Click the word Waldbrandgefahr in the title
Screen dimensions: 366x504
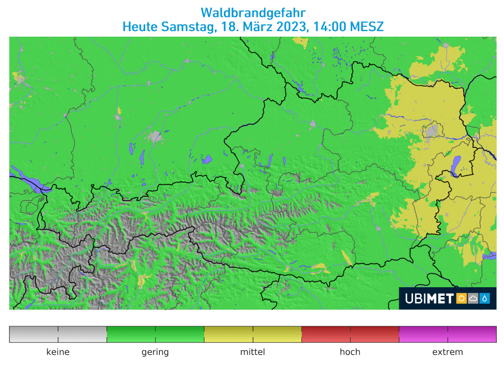(253, 12)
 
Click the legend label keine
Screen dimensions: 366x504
(58, 352)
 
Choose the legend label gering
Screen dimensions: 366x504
(155, 352)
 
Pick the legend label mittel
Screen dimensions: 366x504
(253, 352)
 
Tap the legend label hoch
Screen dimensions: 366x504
(350, 352)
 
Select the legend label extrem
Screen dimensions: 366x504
(447, 352)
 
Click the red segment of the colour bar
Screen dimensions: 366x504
(350, 334)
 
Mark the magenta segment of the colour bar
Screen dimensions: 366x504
(447, 334)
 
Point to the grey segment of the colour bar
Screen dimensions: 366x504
(58, 334)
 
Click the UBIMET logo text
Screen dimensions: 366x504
(429, 298)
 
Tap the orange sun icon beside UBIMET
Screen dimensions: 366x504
(461, 298)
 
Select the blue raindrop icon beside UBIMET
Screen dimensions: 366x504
(485, 298)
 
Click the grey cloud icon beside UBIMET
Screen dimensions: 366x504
(473, 298)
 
